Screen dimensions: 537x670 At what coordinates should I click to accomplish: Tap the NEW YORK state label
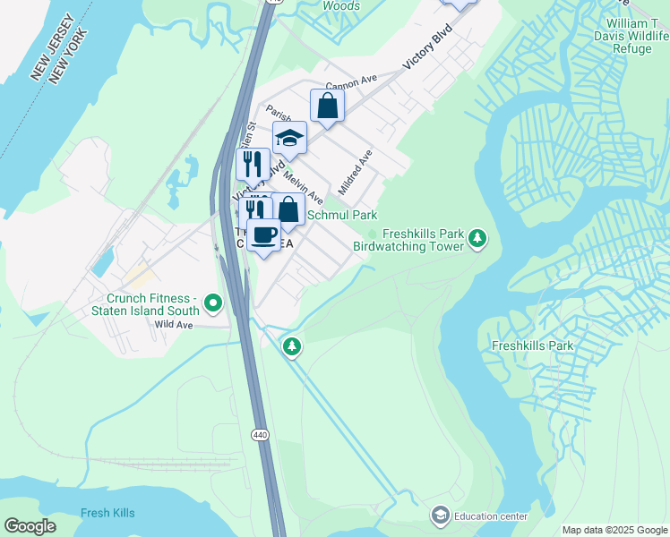pos(69,55)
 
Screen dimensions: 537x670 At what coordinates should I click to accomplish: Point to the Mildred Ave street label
pos(355,173)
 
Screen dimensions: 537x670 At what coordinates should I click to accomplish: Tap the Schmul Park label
pos(342,215)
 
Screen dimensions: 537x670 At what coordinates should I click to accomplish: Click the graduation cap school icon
pos(289,138)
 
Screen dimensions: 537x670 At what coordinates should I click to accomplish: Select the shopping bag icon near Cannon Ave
pos(328,106)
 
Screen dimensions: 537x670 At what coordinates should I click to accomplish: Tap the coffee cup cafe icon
pos(263,235)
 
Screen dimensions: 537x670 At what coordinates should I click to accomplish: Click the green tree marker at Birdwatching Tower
pos(479,238)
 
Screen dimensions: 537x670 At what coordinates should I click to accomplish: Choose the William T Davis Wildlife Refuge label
pos(623,35)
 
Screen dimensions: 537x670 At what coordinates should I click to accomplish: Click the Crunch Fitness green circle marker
pos(212,305)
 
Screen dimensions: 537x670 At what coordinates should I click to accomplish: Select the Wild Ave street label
pos(174,325)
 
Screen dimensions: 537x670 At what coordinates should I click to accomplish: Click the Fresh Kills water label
pos(107,513)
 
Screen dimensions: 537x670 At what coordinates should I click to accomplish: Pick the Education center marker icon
pos(440,515)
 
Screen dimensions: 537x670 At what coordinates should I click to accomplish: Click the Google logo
pos(30,526)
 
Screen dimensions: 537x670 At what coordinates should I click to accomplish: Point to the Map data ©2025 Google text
pos(614,530)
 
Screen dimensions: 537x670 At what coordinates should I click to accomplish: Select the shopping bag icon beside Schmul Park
pos(288,210)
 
